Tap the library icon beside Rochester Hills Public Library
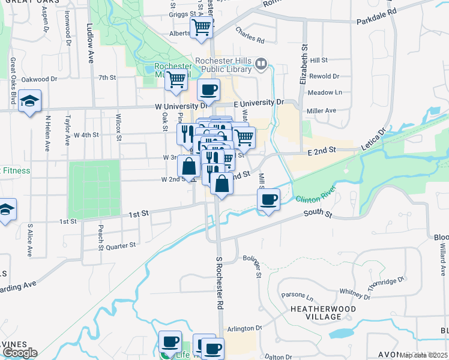coord(261,64)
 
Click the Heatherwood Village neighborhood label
coord(323,313)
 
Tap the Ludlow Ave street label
coord(91,44)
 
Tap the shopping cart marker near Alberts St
coord(201,27)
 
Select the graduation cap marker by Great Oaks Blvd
coord(28,102)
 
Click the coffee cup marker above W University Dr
coord(208,91)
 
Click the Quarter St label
coord(121,245)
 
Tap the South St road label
coord(318,213)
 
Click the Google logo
coord(19,353)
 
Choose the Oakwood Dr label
coord(39,79)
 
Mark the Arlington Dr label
coord(245,328)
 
